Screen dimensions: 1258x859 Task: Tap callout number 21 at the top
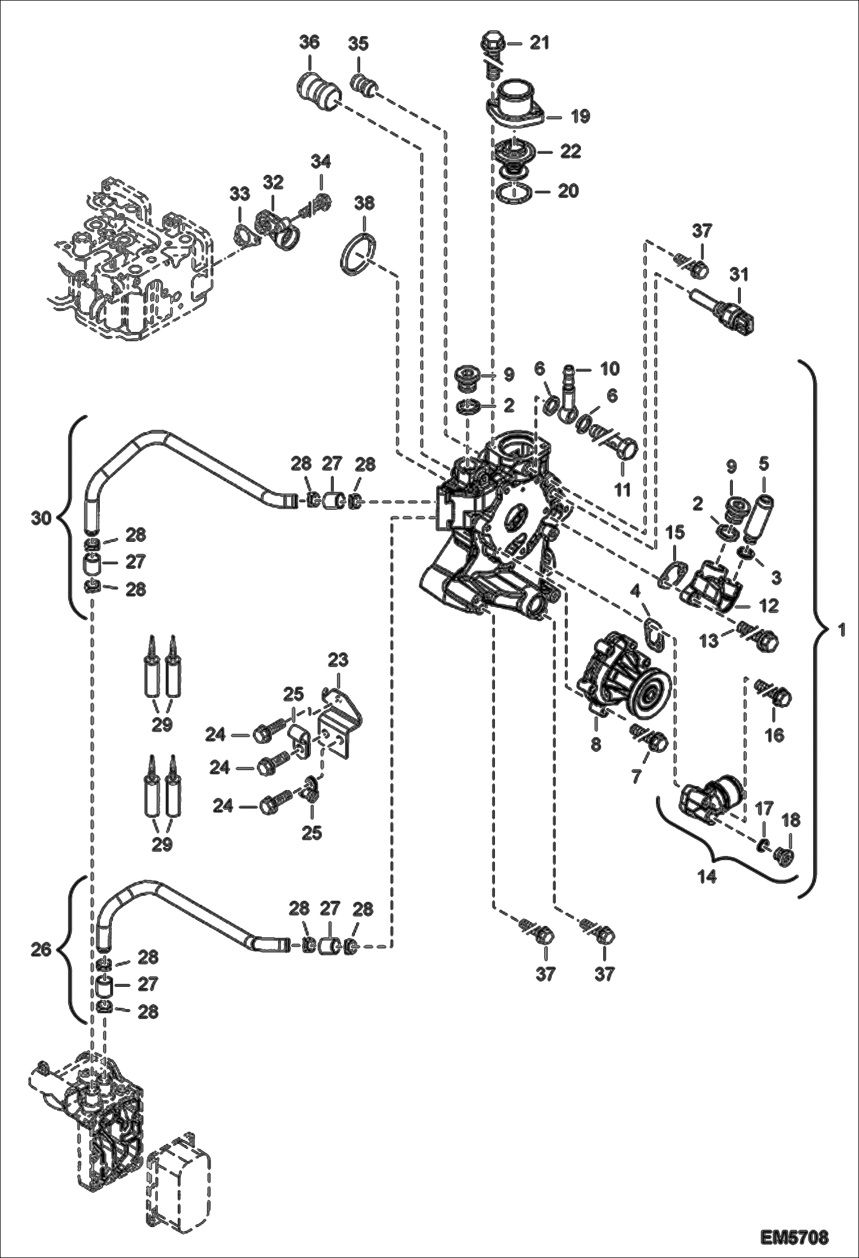pos(539,43)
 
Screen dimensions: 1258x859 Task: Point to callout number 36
pos(309,43)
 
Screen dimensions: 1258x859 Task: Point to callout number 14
pos(707,893)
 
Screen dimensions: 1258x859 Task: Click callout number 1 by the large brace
pos(841,631)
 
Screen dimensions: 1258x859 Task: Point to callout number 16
pos(775,735)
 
